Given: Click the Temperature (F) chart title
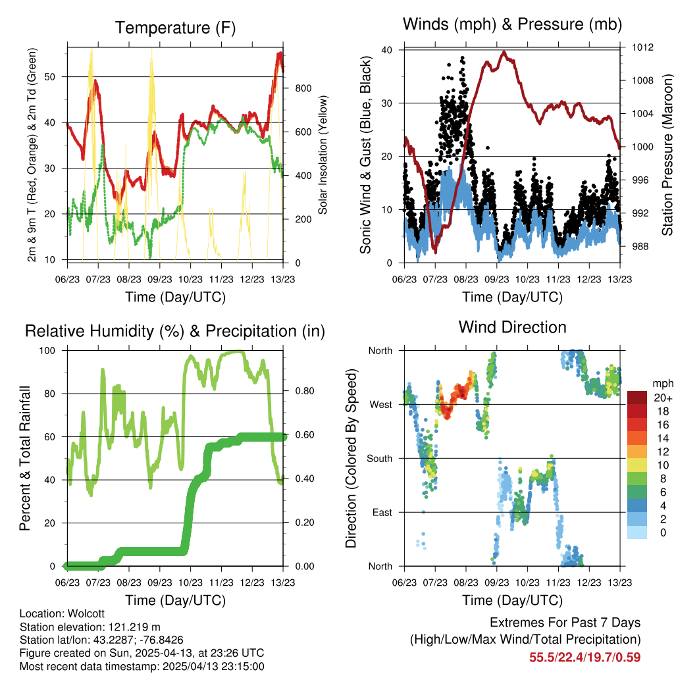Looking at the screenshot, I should coord(175,28).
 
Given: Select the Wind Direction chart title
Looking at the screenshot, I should coord(512,326).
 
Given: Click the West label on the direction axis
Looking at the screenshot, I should coord(380,404).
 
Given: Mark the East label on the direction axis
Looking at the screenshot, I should coord(380,512).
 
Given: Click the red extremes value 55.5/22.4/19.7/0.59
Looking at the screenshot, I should coord(584,657).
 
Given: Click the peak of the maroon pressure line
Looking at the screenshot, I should coord(504,52).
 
